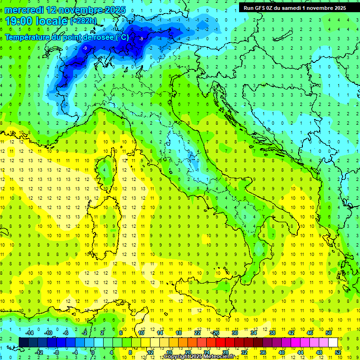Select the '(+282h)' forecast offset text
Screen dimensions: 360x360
tap(83, 21)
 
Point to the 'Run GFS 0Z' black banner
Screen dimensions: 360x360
tap(293, 7)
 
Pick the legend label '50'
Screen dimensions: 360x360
tap(328, 333)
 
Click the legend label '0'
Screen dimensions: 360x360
tap(93, 352)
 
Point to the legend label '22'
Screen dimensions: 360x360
tap(197, 333)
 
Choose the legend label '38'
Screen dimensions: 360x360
tap(272, 333)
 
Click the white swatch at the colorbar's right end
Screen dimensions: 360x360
tap(333, 342)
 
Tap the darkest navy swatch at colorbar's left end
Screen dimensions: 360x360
tap(23, 342)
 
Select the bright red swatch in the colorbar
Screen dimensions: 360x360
tap(220, 342)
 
